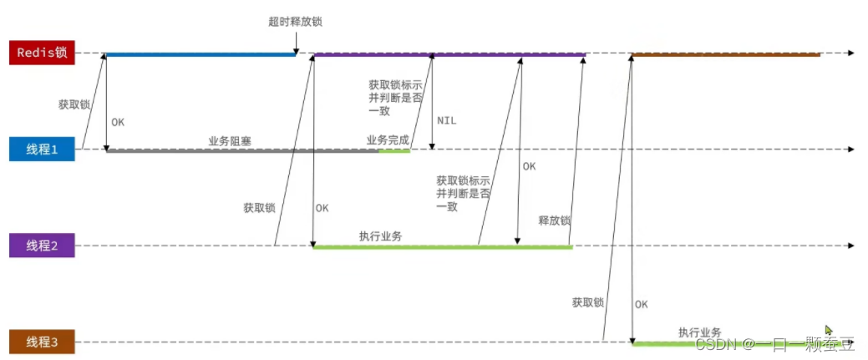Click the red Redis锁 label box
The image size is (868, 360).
click(x=41, y=53)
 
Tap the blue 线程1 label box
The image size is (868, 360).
click(x=41, y=150)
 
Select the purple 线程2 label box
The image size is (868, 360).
click(x=41, y=246)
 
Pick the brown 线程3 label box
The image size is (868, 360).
click(x=41, y=342)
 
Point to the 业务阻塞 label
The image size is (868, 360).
click(x=230, y=141)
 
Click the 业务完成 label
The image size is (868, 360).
click(x=388, y=139)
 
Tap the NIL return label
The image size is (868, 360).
click(x=447, y=120)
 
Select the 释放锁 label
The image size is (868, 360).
click(x=554, y=221)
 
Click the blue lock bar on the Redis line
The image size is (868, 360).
click(x=201, y=54)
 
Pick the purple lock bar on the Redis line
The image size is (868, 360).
click(x=449, y=54)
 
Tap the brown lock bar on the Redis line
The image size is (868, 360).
click(x=725, y=54)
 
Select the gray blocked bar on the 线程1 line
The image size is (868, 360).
click(x=242, y=151)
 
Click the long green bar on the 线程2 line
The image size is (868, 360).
click(x=442, y=246)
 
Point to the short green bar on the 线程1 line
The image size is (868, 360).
click(x=394, y=151)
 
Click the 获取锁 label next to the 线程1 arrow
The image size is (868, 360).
click(x=74, y=105)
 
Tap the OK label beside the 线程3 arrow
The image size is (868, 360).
click(x=641, y=304)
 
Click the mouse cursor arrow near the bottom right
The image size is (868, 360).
click(x=828, y=330)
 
